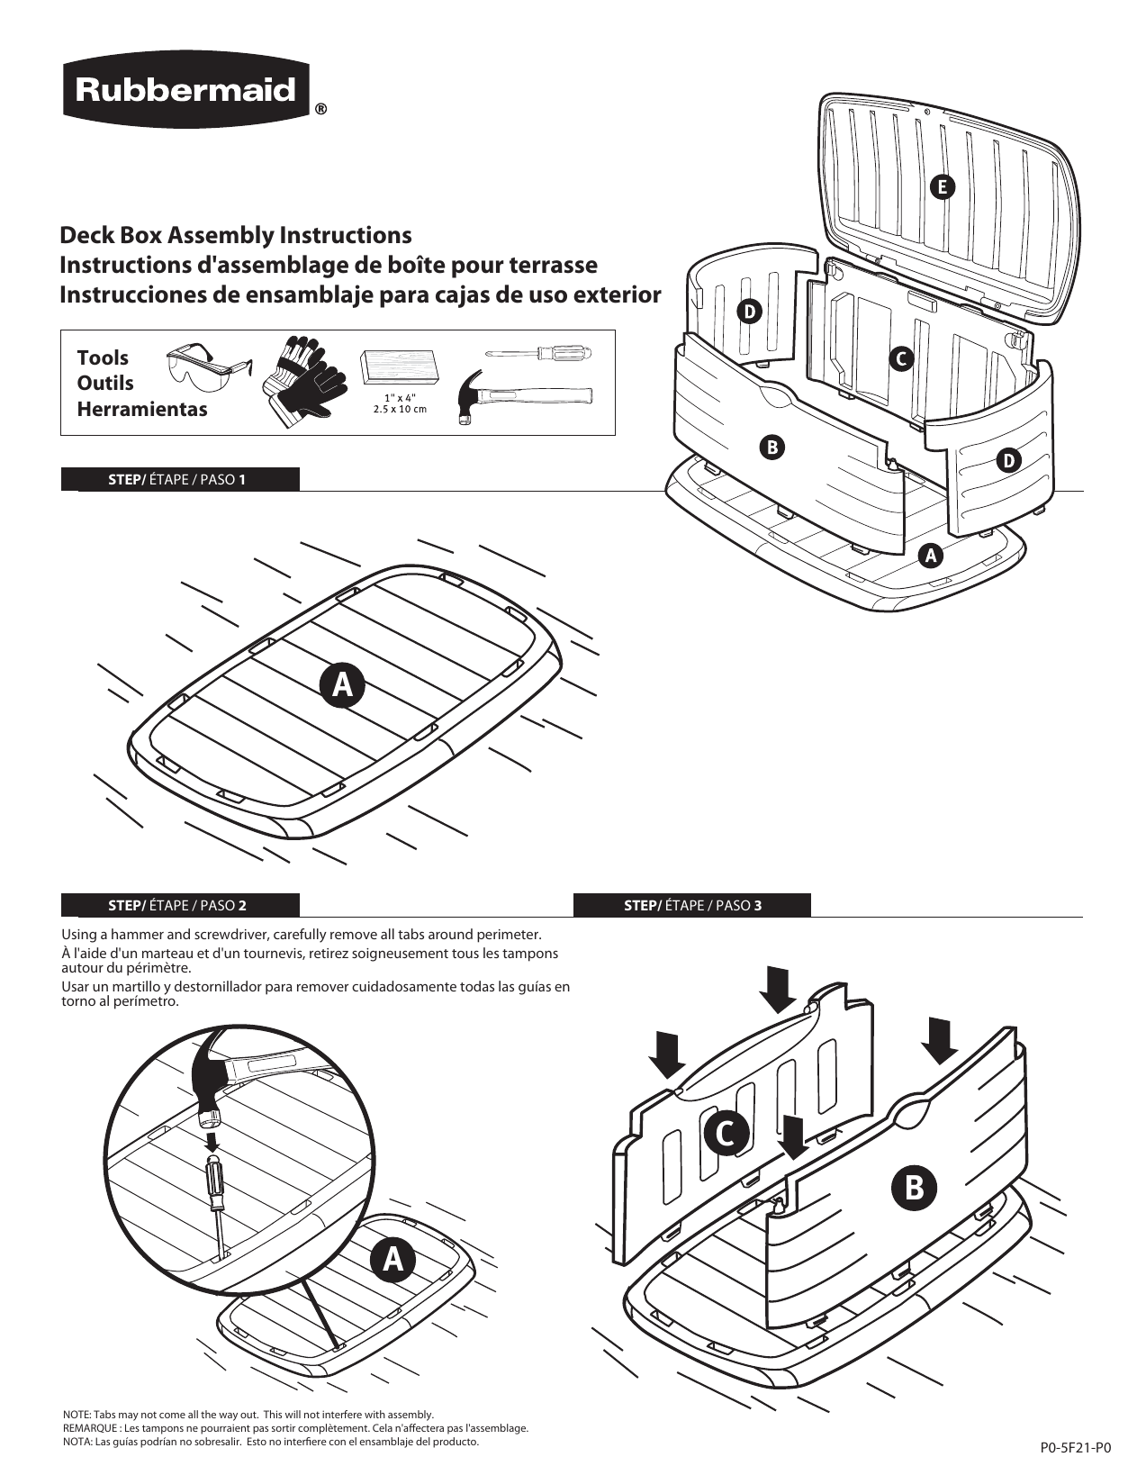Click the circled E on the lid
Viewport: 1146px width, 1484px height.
942,186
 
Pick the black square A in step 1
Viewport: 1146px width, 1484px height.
342,685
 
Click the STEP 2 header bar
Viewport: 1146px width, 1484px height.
180,905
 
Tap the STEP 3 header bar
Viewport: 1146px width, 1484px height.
692,905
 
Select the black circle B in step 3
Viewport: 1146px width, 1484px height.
914,1187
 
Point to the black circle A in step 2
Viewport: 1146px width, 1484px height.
392,1259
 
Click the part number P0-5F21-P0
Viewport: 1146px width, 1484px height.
1076,1449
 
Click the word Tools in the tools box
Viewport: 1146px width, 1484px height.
103,357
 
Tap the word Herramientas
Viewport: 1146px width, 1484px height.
141,409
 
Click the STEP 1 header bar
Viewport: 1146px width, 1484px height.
180,479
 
